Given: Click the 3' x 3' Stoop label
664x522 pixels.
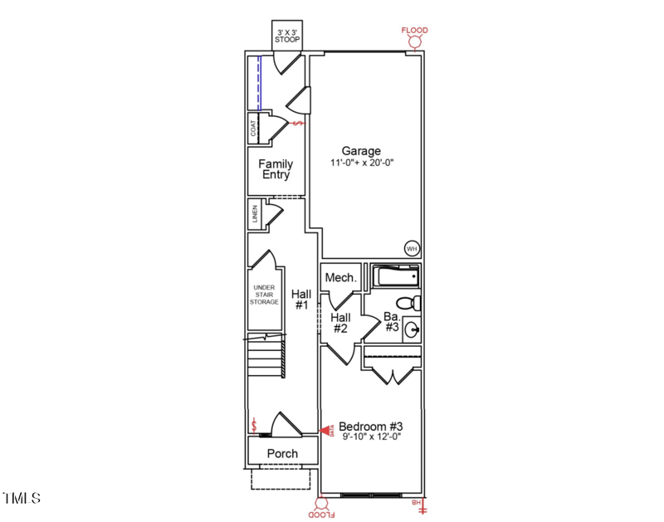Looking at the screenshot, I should [287, 35].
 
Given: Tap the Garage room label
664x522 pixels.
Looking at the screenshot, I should [361, 151].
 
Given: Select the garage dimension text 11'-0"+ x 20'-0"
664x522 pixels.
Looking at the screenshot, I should [361, 163].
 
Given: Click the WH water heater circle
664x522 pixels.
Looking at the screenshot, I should [412, 248].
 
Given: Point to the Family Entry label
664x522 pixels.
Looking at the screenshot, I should [276, 169].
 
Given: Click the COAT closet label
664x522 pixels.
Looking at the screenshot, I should [253, 129].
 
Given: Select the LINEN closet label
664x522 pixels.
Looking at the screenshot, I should [255, 214].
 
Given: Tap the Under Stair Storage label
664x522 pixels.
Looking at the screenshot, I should [265, 295].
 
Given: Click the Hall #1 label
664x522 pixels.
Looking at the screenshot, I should [300, 300].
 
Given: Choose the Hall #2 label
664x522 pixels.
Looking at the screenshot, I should [340, 323].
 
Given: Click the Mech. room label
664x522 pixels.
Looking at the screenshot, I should [340, 278].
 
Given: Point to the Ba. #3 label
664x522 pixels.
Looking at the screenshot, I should [392, 321].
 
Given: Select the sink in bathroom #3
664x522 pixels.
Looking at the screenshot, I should [410, 330].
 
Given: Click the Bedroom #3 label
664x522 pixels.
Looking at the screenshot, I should [370, 427].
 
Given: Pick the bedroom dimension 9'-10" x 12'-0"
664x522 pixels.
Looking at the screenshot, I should [370, 437].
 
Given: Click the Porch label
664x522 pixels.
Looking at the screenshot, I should [282, 453].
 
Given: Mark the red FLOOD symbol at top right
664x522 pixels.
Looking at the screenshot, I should [415, 37].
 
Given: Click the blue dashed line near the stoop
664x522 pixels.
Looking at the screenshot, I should [259, 82].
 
